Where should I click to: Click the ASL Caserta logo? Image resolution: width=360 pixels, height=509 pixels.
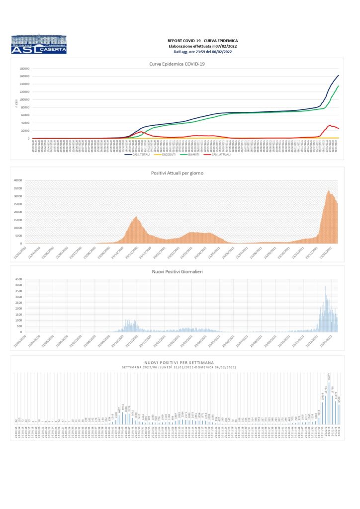(x=38, y=44)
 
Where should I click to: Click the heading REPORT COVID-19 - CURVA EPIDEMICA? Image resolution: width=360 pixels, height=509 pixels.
(x=202, y=40)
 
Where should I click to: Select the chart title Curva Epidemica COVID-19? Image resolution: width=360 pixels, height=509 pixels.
(x=177, y=64)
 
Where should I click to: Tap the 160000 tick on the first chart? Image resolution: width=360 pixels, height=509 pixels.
(x=24, y=76)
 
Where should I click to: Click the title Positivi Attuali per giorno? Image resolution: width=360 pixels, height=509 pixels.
(x=177, y=172)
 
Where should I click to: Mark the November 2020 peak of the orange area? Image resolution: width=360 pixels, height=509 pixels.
(x=136, y=217)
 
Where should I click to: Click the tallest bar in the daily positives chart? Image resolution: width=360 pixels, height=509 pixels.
(x=326, y=287)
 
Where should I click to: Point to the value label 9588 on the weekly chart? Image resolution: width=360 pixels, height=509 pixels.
(x=339, y=400)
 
